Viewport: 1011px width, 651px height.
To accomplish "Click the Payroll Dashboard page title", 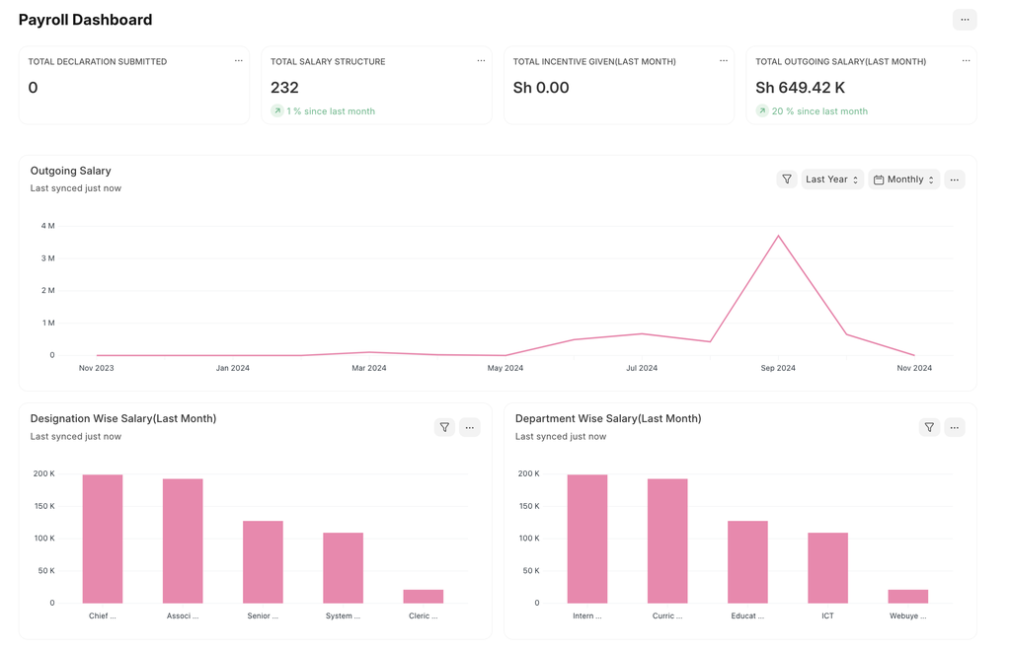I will coord(85,20).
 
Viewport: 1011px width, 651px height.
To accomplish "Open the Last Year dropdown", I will coord(831,180).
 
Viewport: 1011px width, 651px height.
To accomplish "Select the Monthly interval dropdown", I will coord(904,180).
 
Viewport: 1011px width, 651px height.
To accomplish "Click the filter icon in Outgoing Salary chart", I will coord(787,180).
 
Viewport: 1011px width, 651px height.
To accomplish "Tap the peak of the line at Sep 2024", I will coord(778,237).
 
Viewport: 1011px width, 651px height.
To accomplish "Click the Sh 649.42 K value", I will coord(800,88).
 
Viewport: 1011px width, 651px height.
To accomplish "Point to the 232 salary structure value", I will coord(284,88).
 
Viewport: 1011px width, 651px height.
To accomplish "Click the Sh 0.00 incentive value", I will coord(541,88).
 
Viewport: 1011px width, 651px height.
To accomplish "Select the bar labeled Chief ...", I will coord(103,539).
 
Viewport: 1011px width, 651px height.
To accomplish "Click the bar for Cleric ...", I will coord(423,596).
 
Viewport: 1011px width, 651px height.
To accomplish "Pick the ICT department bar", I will coord(827,567).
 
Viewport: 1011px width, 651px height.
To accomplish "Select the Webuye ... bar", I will coord(907,596).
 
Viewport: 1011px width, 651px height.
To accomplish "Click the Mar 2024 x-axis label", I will coord(369,368).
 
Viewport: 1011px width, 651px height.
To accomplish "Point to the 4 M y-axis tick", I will coord(47,226).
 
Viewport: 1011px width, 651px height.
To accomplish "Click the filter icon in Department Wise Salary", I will coord(929,427).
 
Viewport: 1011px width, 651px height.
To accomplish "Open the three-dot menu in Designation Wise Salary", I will coord(470,427).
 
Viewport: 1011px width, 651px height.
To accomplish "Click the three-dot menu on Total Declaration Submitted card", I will coord(238,61).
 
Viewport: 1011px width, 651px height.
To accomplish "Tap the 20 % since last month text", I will coord(819,111).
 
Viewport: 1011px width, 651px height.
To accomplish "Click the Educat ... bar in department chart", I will coord(747,561).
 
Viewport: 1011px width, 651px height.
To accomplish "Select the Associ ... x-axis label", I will coord(183,615).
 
